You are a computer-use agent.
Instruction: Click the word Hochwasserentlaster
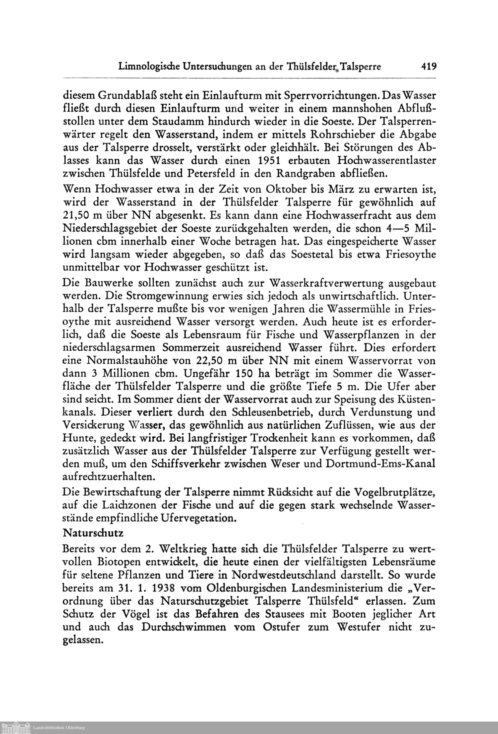[x=387, y=161]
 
